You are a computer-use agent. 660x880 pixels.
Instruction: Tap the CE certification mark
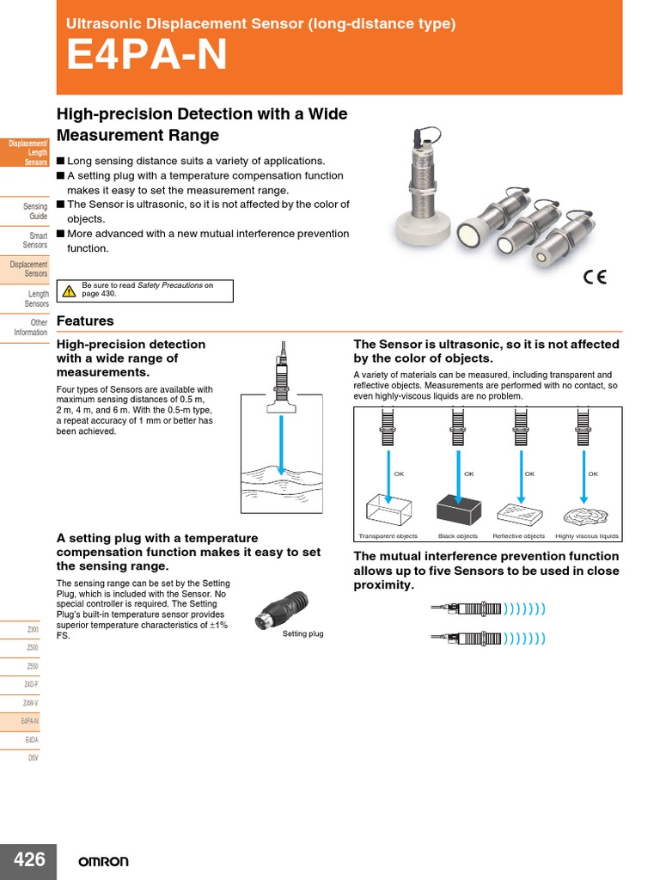click(595, 277)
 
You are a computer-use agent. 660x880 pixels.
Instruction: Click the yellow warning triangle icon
click(70, 291)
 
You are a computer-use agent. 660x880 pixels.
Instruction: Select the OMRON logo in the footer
click(103, 861)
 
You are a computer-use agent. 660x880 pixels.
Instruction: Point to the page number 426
click(28, 860)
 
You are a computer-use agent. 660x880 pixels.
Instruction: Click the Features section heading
click(85, 321)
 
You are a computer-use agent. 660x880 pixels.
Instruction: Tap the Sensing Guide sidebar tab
click(35, 211)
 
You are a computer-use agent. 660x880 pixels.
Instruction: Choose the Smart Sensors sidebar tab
click(38, 240)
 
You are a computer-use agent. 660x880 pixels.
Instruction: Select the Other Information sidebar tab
click(32, 327)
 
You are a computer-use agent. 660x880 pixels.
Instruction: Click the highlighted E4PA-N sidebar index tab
click(29, 721)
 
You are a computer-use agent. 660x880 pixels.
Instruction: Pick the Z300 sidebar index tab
click(32, 629)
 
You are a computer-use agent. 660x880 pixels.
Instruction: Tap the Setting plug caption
click(302, 634)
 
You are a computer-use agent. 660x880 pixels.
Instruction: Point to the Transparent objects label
click(388, 536)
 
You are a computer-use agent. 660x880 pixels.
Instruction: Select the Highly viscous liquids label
click(587, 536)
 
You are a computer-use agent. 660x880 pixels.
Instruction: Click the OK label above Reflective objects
click(529, 474)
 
